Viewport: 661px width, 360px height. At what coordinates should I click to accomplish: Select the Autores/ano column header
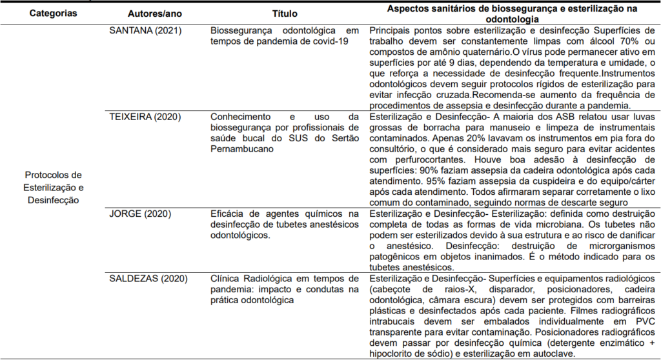coord(154,12)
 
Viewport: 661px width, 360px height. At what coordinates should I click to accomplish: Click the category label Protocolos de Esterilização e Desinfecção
coord(54,187)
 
